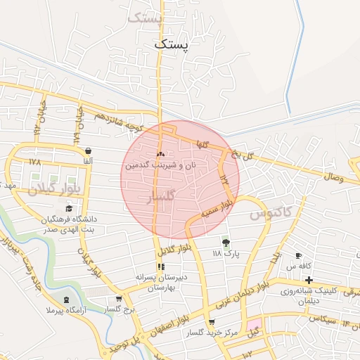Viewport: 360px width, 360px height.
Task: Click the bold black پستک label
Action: [172, 44]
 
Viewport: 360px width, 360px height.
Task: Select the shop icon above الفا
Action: [88, 150]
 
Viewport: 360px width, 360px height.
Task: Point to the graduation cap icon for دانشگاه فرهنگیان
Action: [68, 208]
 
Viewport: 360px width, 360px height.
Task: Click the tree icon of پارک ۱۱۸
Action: [225, 242]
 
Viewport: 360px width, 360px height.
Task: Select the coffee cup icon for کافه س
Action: [299, 255]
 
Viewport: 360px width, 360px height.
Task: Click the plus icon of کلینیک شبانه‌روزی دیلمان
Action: [309, 281]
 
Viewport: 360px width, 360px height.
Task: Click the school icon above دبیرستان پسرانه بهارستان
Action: [161, 266]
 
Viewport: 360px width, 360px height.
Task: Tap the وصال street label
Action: [334, 175]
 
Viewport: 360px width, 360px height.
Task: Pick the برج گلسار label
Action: [119, 309]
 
